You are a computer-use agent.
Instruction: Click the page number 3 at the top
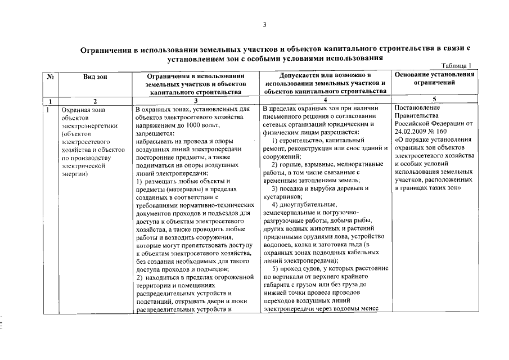(x=264, y=24)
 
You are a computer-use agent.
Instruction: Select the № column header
(x=50, y=76)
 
